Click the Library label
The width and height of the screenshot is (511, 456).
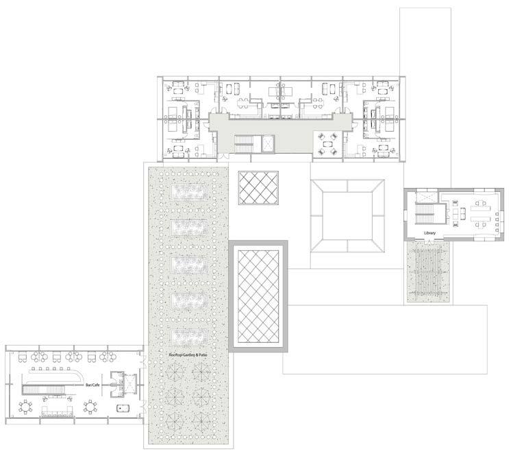pyautogui.click(x=430, y=233)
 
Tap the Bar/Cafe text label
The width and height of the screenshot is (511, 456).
pyautogui.click(x=92, y=385)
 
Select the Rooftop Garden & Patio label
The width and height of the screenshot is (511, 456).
pyautogui.click(x=188, y=355)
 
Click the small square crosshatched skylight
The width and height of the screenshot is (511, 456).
pyautogui.click(x=258, y=188)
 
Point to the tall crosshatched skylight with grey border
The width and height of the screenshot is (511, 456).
pyautogui.click(x=258, y=297)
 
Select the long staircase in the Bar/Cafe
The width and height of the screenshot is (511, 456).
pyautogui.click(x=45, y=389)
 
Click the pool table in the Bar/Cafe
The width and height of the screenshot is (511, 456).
pyautogui.click(x=123, y=408)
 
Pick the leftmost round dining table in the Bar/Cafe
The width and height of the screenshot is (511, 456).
pyautogui.click(x=25, y=407)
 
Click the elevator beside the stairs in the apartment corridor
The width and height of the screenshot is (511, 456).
pyautogui.click(x=269, y=143)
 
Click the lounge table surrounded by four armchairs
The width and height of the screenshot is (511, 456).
pyautogui.click(x=327, y=143)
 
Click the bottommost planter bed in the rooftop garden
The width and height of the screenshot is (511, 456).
pyautogui.click(x=188, y=337)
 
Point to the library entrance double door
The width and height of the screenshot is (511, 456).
pyautogui.click(x=430, y=241)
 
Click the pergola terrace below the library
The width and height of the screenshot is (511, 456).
pyautogui.click(x=428, y=272)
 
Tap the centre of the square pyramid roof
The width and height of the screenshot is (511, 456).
pyautogui.click(x=347, y=215)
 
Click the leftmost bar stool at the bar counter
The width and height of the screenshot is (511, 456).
pyautogui.click(x=34, y=369)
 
